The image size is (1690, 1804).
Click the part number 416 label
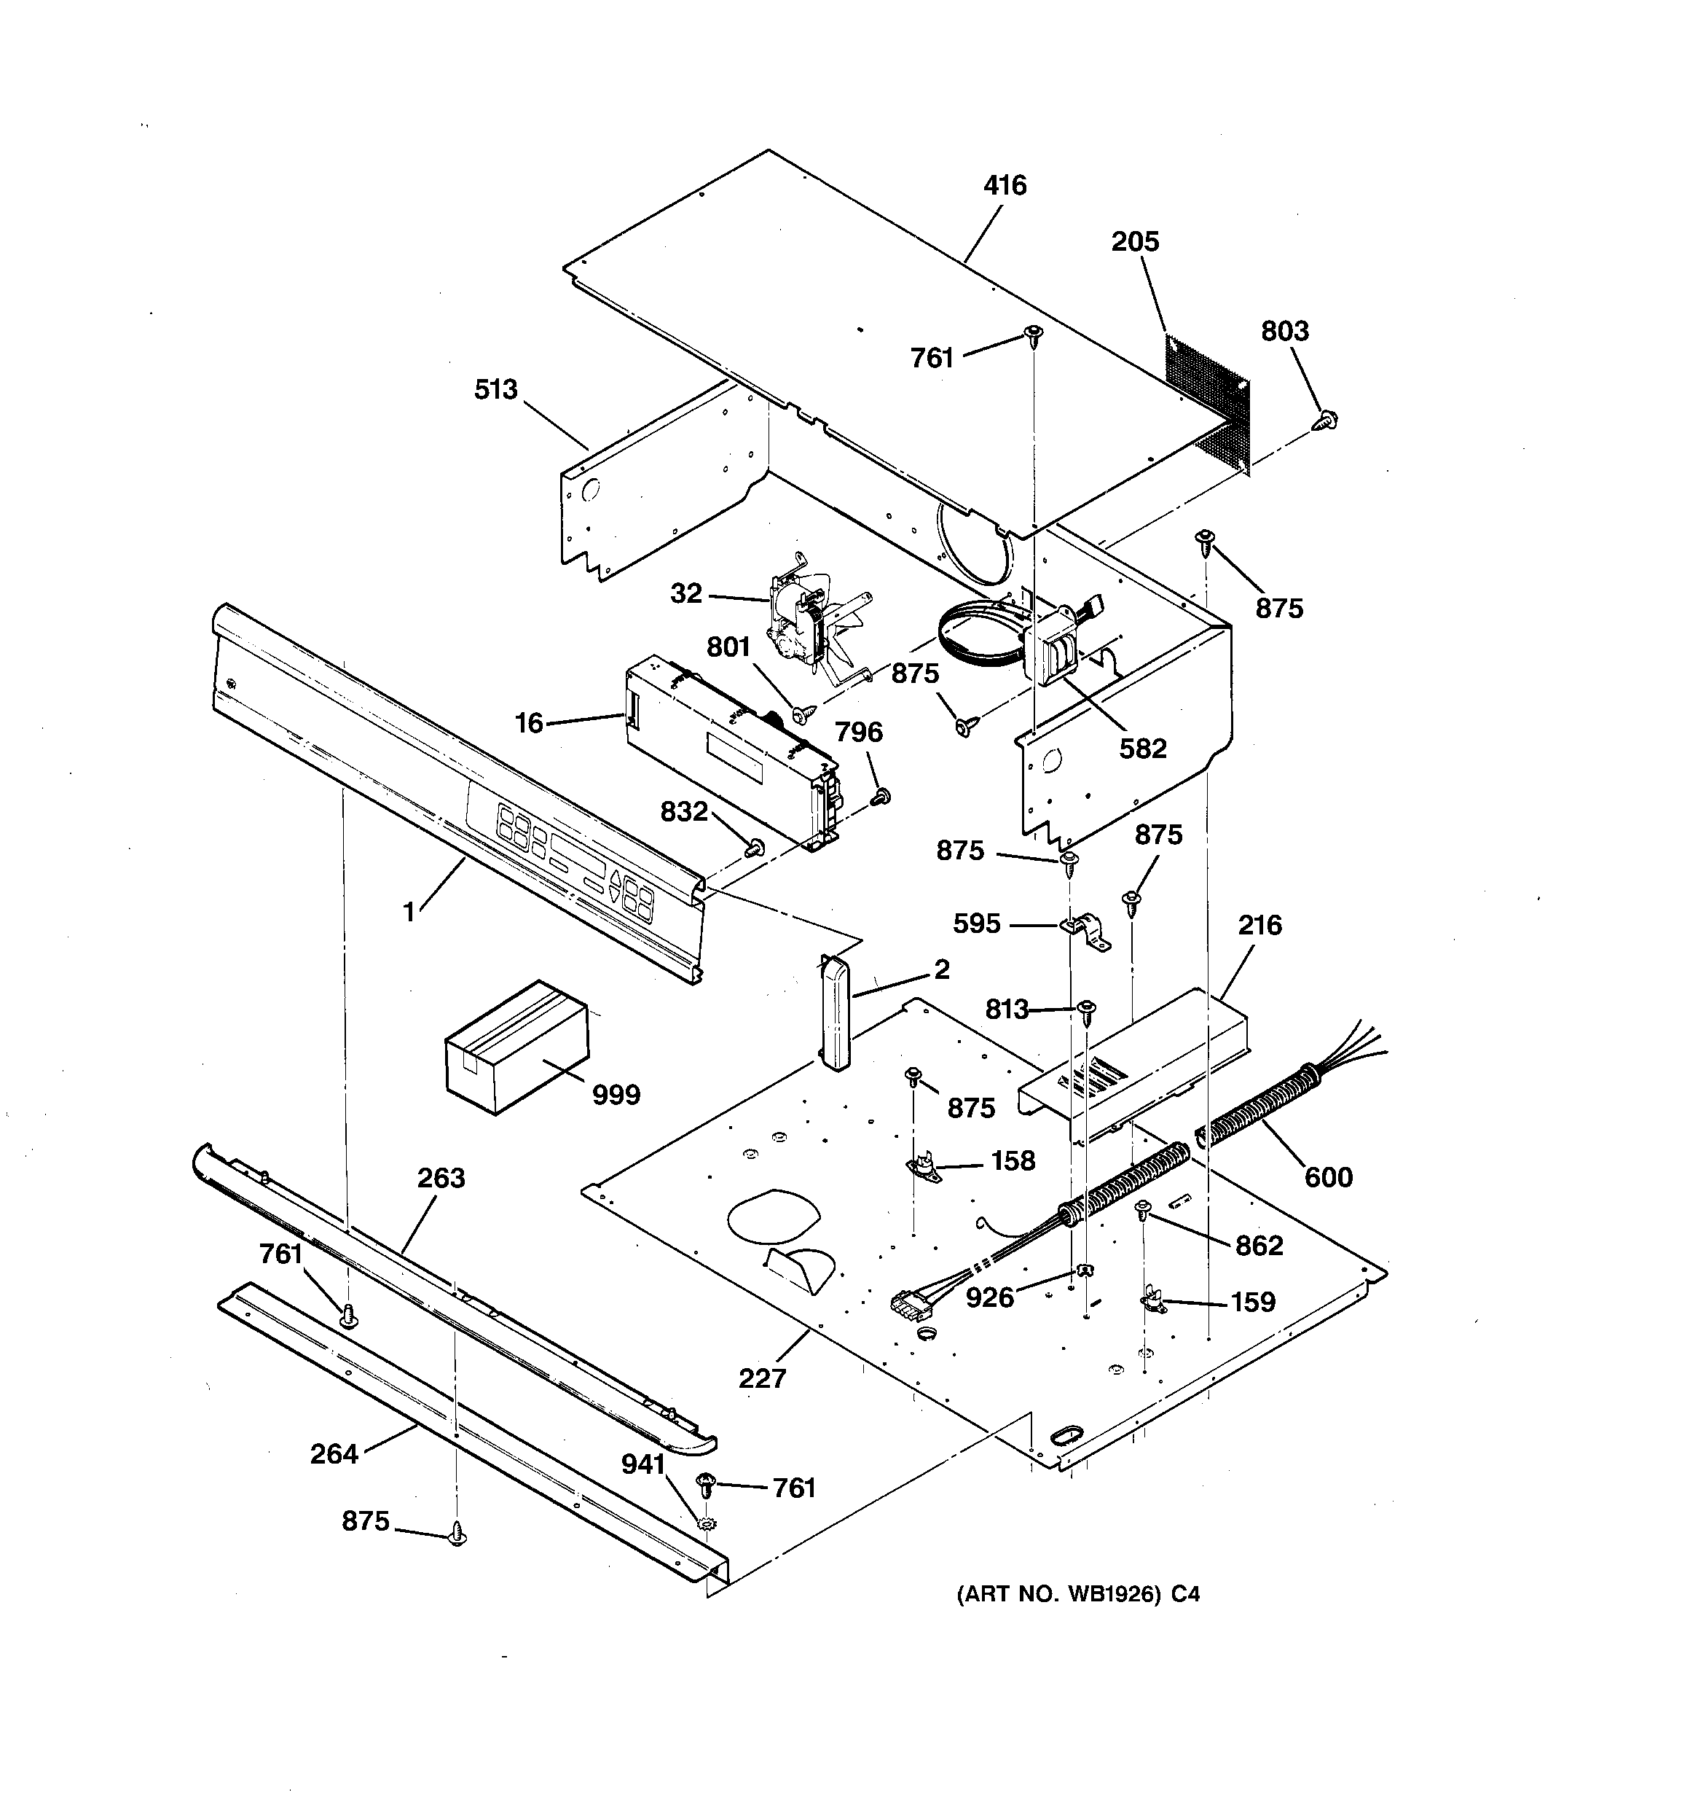1005,186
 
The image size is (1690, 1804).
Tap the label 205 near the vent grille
1135,242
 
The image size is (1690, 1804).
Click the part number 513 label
495,390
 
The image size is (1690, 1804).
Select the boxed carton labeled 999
514,1046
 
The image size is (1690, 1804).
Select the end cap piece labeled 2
833,1011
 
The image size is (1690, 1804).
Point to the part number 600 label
1328,1178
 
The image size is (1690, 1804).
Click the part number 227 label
761,1378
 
